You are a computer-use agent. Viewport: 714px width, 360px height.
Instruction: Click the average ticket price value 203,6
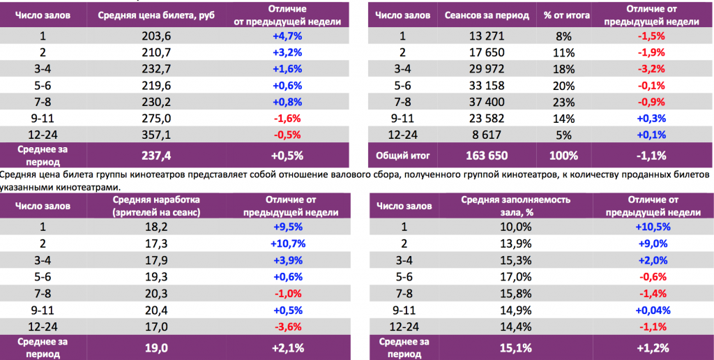pos(156,37)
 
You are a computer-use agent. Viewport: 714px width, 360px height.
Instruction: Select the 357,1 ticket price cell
pos(156,135)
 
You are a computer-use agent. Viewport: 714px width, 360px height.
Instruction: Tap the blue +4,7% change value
pos(286,37)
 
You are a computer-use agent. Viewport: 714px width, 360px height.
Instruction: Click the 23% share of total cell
pos(563,103)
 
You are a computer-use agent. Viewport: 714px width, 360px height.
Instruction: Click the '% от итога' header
pos(563,15)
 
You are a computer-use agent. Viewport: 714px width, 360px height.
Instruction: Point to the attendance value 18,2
pos(156,227)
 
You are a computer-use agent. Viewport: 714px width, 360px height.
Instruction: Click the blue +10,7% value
pos(286,243)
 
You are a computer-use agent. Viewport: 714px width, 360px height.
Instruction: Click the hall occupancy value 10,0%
pos(515,227)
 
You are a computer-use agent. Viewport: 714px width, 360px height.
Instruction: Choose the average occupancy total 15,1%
pos(515,347)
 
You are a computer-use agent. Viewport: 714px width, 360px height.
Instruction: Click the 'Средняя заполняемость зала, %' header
pos(515,206)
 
